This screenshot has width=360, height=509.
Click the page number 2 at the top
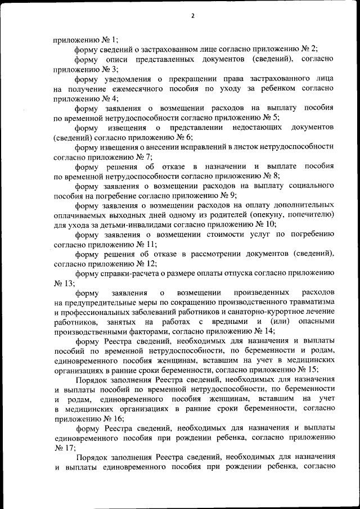pos(192,16)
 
